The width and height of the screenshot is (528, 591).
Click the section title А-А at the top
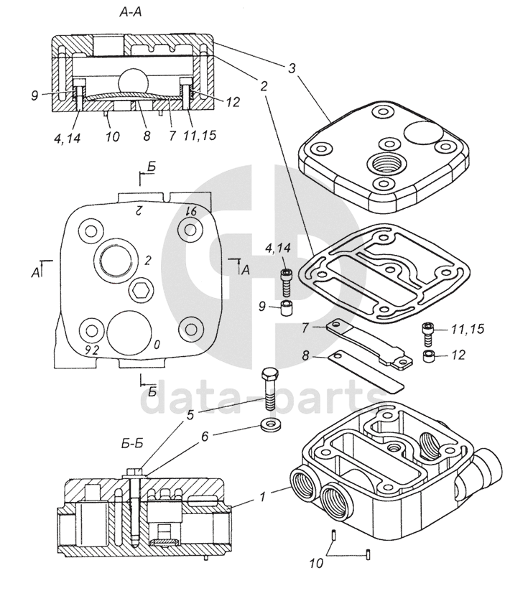[x=131, y=12]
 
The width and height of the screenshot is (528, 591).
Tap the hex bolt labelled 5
[x=269, y=389]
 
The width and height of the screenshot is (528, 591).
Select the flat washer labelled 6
[x=272, y=425]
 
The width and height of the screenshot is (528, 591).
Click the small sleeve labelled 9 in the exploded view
[x=287, y=309]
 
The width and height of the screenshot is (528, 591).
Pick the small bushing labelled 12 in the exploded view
[x=429, y=356]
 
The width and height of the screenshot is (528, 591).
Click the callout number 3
[x=292, y=69]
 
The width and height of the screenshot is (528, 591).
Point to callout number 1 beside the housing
[x=263, y=496]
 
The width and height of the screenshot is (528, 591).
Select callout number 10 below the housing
[x=317, y=563]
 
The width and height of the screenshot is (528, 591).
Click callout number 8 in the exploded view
[x=305, y=355]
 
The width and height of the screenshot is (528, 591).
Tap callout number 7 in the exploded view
[x=305, y=328]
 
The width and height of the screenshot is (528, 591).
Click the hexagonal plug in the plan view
[x=141, y=290]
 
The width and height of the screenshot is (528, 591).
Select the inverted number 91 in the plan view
[x=191, y=211]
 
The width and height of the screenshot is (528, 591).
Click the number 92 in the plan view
[x=92, y=350]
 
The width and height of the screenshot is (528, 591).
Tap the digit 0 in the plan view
[x=157, y=344]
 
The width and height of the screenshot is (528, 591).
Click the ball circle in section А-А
[x=134, y=81]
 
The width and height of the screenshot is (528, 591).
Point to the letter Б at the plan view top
[x=152, y=167]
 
